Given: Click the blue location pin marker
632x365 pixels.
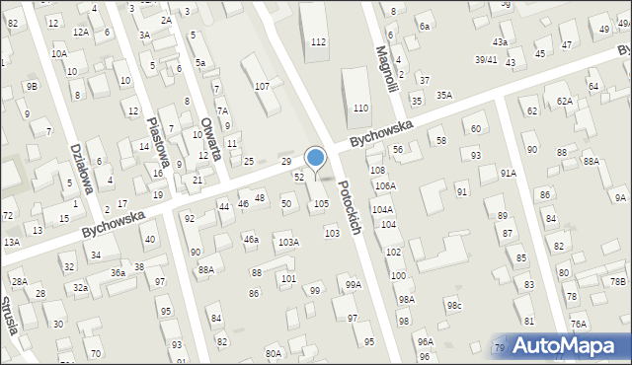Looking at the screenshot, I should pyautogui.click(x=316, y=157).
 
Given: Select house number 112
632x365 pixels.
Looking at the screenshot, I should pyautogui.click(x=318, y=41).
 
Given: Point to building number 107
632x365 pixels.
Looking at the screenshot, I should pyautogui.click(x=262, y=87).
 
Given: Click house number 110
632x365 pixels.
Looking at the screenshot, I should pyautogui.click(x=360, y=108).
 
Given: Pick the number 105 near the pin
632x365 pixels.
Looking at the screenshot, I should pyautogui.click(x=321, y=203).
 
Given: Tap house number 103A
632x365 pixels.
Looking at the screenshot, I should pyautogui.click(x=288, y=242).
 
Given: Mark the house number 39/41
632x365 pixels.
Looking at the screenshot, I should pyautogui.click(x=486, y=59).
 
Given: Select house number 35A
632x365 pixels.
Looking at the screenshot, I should pyautogui.click(x=444, y=95).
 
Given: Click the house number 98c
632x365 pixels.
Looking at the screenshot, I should pyautogui.click(x=453, y=305).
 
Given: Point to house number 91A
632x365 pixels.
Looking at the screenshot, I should pyautogui.click(x=508, y=173).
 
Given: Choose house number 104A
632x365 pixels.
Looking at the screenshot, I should pyautogui.click(x=382, y=210).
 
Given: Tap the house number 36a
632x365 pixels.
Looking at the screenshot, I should pyautogui.click(x=118, y=272).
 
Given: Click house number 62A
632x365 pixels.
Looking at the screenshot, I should pyautogui.click(x=564, y=101).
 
